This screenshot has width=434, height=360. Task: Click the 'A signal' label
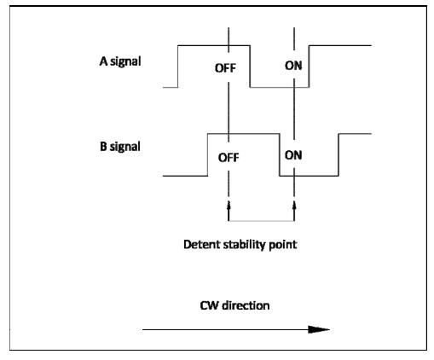pyautogui.click(x=120, y=61)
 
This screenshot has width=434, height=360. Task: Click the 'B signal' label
pyautogui.click(x=120, y=147)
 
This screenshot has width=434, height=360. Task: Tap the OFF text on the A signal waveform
pyautogui.click(x=225, y=68)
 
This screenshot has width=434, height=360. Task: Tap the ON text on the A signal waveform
pyautogui.click(x=293, y=66)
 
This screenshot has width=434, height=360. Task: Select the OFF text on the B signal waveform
pyautogui.click(x=229, y=158)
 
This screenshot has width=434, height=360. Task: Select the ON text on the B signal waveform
pyautogui.click(x=293, y=155)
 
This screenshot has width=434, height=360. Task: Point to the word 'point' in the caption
pyautogui.click(x=283, y=245)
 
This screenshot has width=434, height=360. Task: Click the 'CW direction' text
pyautogui.click(x=234, y=305)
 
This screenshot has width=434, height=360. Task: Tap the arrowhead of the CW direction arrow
pyautogui.click(x=319, y=329)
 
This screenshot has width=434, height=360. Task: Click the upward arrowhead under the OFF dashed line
pyautogui.click(x=229, y=206)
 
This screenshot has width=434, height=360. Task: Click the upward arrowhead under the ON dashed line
pyautogui.click(x=294, y=206)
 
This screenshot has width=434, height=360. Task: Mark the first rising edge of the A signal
pyautogui.click(x=178, y=67)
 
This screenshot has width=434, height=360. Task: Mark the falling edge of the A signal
pyautogui.click(x=250, y=67)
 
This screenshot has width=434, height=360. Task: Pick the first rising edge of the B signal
pyautogui.click(x=208, y=154)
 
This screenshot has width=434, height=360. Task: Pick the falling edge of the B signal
pyautogui.click(x=280, y=154)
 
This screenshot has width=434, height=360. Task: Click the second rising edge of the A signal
pyautogui.click(x=309, y=67)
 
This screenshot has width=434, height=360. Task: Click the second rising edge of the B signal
pyautogui.click(x=339, y=154)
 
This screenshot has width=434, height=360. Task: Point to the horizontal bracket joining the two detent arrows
pyautogui.click(x=262, y=221)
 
